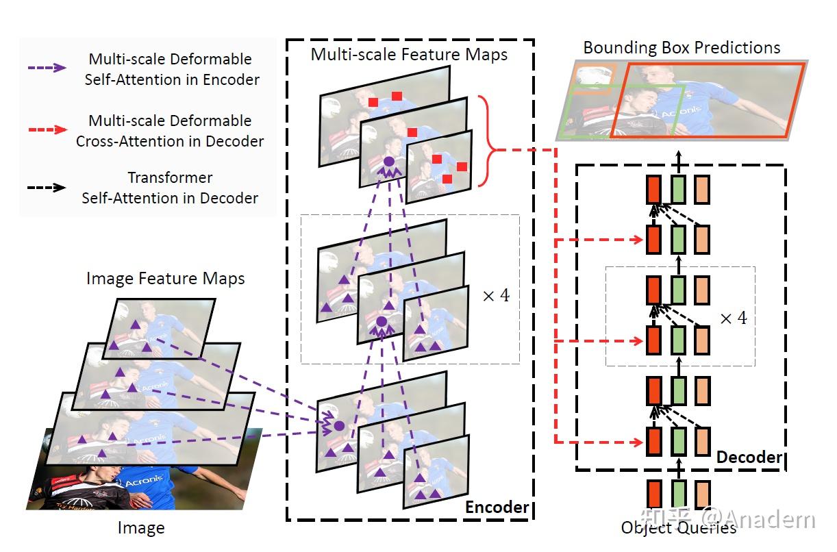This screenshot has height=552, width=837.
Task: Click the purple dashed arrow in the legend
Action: pyautogui.click(x=47, y=68)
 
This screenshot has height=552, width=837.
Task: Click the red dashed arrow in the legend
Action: pyautogui.click(x=47, y=129)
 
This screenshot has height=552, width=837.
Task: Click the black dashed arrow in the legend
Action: pyautogui.click(x=47, y=188)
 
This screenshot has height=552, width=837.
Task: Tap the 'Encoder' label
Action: pyautogui.click(x=497, y=507)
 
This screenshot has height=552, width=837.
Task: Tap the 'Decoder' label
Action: pyautogui.click(x=749, y=457)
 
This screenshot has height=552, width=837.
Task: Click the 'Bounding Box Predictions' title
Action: pyautogui.click(x=682, y=47)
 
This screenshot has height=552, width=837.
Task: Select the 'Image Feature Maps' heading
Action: pyautogui.click(x=165, y=278)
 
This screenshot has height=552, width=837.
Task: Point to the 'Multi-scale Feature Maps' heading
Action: pyautogui.click(x=409, y=53)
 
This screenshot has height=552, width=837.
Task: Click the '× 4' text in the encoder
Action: pyautogui.click(x=496, y=296)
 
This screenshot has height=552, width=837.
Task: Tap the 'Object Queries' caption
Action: pyautogui.click(x=678, y=527)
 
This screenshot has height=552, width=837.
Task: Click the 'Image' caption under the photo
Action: pyautogui.click(x=141, y=528)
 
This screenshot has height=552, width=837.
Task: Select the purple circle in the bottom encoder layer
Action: pyautogui.click(x=338, y=425)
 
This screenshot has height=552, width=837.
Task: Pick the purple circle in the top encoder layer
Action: pyautogui.click(x=388, y=162)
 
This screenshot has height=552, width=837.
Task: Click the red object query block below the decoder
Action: pyautogui.click(x=653, y=495)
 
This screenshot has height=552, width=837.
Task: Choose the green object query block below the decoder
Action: pyautogui.click(x=678, y=495)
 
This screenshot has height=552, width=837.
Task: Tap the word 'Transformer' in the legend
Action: pyautogui.click(x=170, y=177)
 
